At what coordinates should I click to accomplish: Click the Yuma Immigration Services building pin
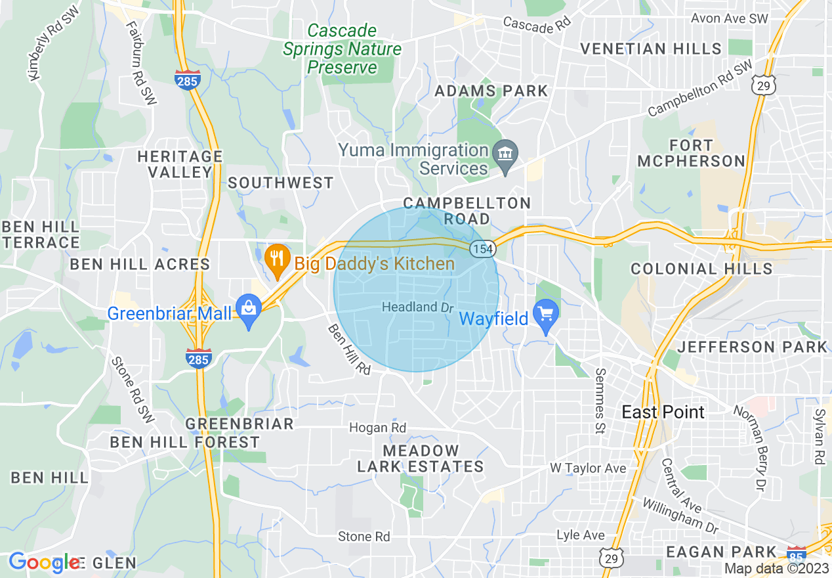tap(505, 155)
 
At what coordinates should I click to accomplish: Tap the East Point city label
tap(663, 412)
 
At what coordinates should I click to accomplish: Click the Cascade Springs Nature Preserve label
tap(342, 49)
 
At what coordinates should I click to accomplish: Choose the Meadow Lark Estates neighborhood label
tap(420, 458)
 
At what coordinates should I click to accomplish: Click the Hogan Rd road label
tap(377, 428)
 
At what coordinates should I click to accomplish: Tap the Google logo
tap(45, 562)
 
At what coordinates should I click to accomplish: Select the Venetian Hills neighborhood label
tap(651, 49)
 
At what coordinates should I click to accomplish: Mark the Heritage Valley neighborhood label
tap(180, 164)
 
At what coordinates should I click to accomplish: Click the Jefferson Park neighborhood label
tap(753, 347)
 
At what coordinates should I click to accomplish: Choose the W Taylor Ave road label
tap(587, 468)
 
